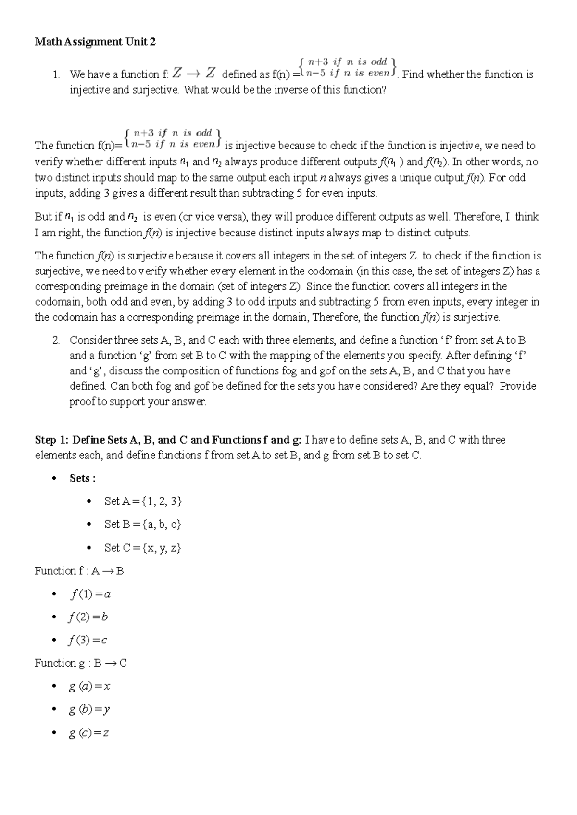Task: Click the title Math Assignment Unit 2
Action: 95,42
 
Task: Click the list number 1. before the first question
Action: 56,75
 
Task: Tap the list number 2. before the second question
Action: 56,341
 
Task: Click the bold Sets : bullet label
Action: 82,479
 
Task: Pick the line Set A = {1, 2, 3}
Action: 143,502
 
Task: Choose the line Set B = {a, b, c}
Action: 142,525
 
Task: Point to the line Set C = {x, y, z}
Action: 142,548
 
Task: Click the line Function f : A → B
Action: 79,571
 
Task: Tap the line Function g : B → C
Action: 81,664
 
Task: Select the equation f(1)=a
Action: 90,594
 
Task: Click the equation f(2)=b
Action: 88,617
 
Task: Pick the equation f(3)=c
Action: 88,641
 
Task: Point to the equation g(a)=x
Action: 89,687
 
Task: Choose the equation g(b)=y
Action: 89,710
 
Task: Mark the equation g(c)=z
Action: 89,733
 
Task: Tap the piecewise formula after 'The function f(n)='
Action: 172,137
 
